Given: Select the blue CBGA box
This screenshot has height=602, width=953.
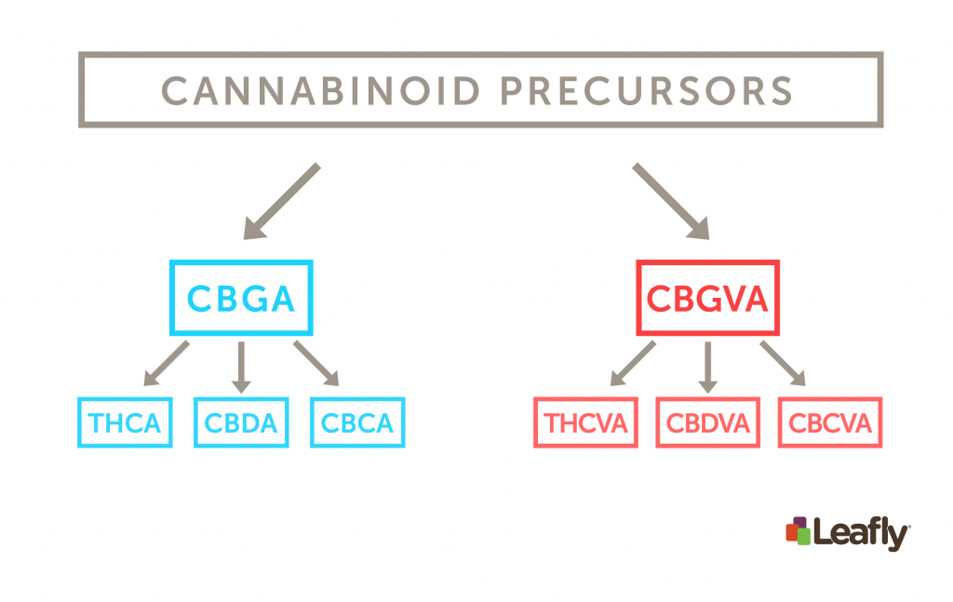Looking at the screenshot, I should click(x=241, y=299).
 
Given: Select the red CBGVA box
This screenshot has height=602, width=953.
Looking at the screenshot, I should click(x=707, y=299).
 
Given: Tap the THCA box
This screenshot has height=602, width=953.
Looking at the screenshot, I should click(x=125, y=423).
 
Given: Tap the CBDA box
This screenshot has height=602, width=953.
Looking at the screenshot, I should click(x=241, y=423).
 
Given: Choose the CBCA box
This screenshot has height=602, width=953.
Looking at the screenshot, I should click(x=357, y=423).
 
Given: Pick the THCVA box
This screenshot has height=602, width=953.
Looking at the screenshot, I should click(x=586, y=423).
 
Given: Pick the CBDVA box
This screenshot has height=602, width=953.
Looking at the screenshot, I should click(x=707, y=423).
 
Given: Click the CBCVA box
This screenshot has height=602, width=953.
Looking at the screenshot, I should click(x=830, y=423).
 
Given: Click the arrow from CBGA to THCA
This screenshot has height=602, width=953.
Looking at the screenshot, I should click(x=167, y=364).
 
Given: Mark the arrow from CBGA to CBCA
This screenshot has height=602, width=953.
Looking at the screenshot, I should click(x=316, y=364).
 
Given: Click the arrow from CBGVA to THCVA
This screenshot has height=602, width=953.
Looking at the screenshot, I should click(x=633, y=364).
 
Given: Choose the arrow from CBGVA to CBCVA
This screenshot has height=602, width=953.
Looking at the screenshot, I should click(x=783, y=364).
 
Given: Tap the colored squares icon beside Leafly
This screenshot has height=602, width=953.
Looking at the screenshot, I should click(x=797, y=531).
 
